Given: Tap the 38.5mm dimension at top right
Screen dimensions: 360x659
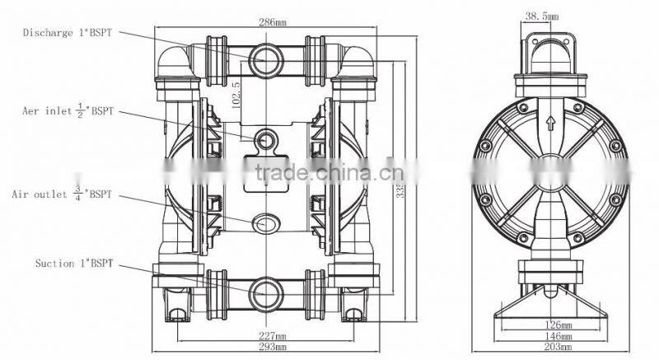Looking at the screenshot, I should pos(543,16).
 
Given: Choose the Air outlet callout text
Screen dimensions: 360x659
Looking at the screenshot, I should pos(62,195).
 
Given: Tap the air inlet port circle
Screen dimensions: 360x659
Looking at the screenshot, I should pos(265,142).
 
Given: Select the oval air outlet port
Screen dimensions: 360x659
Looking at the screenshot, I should pos(265,222).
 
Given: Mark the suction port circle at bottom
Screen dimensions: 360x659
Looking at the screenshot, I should pos(265,289).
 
